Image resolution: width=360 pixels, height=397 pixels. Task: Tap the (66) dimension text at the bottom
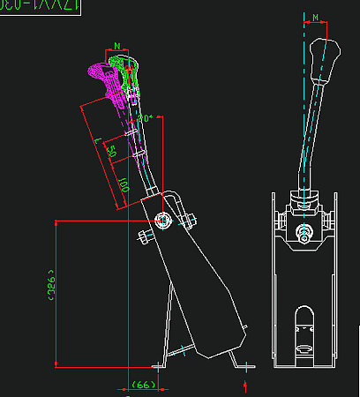tap(142, 386)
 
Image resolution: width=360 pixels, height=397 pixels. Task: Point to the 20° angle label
tap(146, 117)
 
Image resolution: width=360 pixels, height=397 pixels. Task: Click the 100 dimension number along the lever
tap(124, 186)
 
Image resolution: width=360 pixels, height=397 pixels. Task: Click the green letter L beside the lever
tap(96, 142)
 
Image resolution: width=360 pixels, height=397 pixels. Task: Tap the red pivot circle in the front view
tap(304, 234)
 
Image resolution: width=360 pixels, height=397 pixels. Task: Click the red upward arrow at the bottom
tap(245, 385)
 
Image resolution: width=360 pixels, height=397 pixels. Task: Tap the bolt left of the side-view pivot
tap(144, 236)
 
